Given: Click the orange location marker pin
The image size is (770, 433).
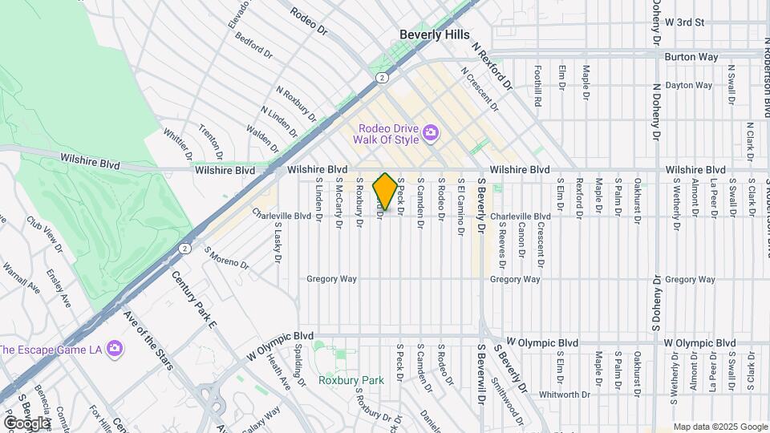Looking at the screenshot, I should click(x=385, y=192).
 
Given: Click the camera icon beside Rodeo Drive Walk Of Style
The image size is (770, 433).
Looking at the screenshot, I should click(x=431, y=132).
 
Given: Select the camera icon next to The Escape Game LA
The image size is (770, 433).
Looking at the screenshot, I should click(x=115, y=348).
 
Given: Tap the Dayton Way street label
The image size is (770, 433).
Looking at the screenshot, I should click(x=690, y=85).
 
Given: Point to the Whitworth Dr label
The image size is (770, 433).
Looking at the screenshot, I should click(x=565, y=394).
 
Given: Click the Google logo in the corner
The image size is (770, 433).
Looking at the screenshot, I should click(x=26, y=423).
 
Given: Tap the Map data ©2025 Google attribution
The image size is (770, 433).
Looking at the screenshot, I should click(x=719, y=427).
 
